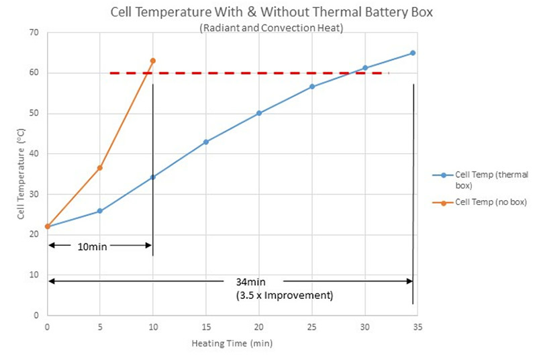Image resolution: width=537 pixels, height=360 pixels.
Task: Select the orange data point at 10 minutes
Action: point(153,60)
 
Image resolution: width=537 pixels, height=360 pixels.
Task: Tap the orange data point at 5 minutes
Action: point(100,167)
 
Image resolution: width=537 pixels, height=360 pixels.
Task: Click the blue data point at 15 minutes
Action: point(206,142)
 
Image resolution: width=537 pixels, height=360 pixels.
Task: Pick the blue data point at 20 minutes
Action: point(259,113)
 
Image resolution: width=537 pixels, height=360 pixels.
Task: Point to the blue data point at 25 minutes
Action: point(312,87)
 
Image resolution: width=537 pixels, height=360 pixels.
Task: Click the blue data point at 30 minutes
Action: point(365,68)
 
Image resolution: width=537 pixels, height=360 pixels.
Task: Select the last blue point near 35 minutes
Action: point(413,53)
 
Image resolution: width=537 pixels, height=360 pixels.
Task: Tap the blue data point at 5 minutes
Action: point(100,211)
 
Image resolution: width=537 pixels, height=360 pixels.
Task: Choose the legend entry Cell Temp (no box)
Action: point(490,202)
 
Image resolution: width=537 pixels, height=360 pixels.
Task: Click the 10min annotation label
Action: point(93,246)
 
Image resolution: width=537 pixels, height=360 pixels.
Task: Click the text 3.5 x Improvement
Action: point(285,295)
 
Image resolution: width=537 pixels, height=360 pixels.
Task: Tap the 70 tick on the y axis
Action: point(34,33)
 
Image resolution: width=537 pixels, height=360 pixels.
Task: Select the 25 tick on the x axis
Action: point(311,326)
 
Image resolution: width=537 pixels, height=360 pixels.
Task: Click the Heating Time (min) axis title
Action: point(230,343)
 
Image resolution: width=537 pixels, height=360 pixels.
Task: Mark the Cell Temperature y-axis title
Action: point(21,175)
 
